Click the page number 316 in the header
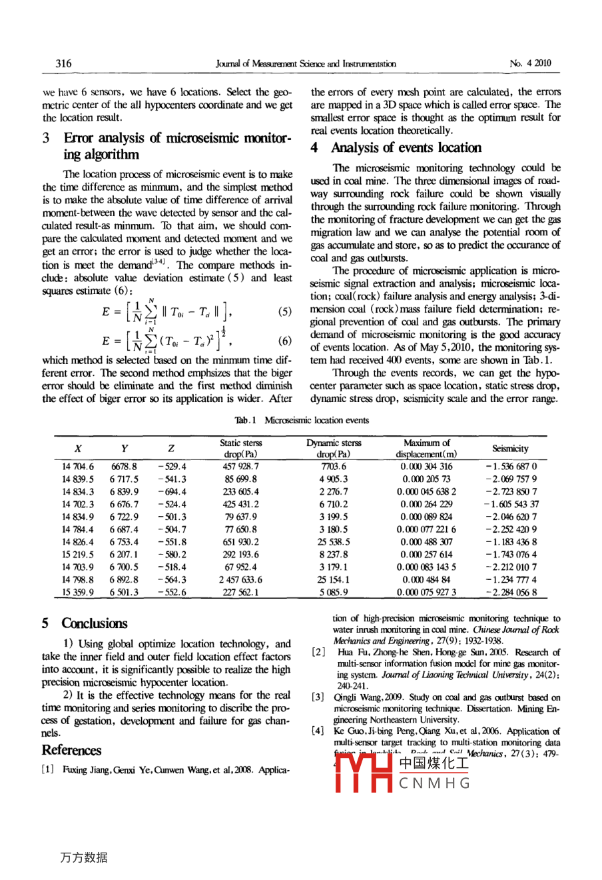tap(63, 64)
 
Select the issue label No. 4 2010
tap(530, 64)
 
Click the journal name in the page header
tap(306, 64)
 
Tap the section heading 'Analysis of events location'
tap(406, 148)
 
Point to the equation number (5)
tap(284, 312)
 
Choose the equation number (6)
tap(284, 341)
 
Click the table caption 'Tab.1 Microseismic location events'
tap(301, 421)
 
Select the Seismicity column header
tap(510, 449)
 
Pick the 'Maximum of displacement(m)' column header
tap(426, 449)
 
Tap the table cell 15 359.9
tap(78, 592)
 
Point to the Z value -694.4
tap(172, 492)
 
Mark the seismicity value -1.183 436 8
tap(511, 542)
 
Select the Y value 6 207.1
tap(125, 555)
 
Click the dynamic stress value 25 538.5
tap(334, 542)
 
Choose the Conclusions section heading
tap(94, 623)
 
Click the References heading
tap(71, 750)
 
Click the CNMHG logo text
tap(435, 783)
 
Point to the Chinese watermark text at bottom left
tap(83, 857)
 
